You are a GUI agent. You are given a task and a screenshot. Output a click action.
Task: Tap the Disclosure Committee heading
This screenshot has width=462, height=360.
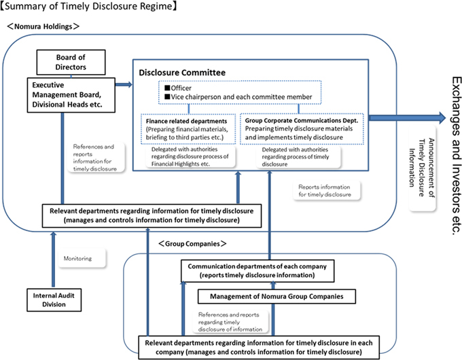coord(177,72)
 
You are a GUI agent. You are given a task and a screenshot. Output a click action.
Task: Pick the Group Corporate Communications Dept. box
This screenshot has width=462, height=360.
coord(299,128)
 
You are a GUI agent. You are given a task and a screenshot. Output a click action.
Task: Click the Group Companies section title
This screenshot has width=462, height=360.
coord(192,243)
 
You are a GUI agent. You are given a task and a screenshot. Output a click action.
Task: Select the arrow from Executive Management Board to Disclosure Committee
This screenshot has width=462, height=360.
coord(124,85)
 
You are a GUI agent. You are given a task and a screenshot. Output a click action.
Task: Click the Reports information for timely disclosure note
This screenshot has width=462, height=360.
coord(325,189)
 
